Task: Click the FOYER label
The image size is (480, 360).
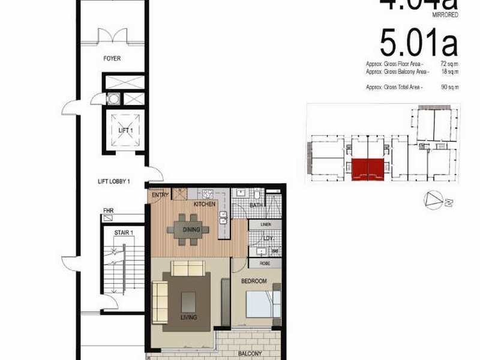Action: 112,59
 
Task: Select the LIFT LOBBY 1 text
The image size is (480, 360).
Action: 114,181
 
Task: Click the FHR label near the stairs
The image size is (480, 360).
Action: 108,211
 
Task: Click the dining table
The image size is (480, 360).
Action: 188,229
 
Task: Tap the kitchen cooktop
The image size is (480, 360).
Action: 208,194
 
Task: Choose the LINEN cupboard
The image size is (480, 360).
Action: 265,224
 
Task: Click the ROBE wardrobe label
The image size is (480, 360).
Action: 264,263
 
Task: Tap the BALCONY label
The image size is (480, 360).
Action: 247,354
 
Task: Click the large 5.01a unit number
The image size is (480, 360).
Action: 418,44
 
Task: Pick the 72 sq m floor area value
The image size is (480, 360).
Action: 449,63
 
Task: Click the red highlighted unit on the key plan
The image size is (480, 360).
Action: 367,169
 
